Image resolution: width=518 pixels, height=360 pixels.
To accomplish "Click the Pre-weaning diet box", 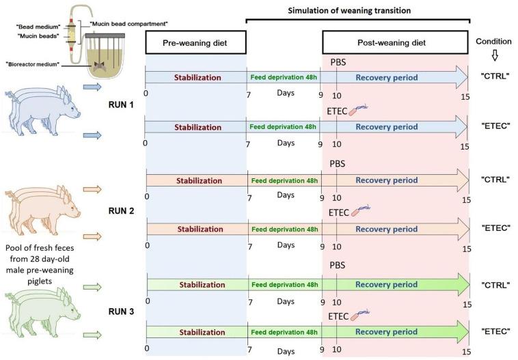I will tap(195, 44).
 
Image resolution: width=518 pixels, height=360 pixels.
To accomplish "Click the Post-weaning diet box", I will tap(394, 42).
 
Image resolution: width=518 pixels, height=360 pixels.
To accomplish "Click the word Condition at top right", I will tap(493, 38).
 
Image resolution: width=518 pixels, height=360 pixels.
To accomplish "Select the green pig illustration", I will tap(41, 311).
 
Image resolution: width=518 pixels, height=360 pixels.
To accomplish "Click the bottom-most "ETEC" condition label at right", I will tap(494, 331).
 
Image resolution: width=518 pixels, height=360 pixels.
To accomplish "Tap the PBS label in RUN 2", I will tap(338, 164).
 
